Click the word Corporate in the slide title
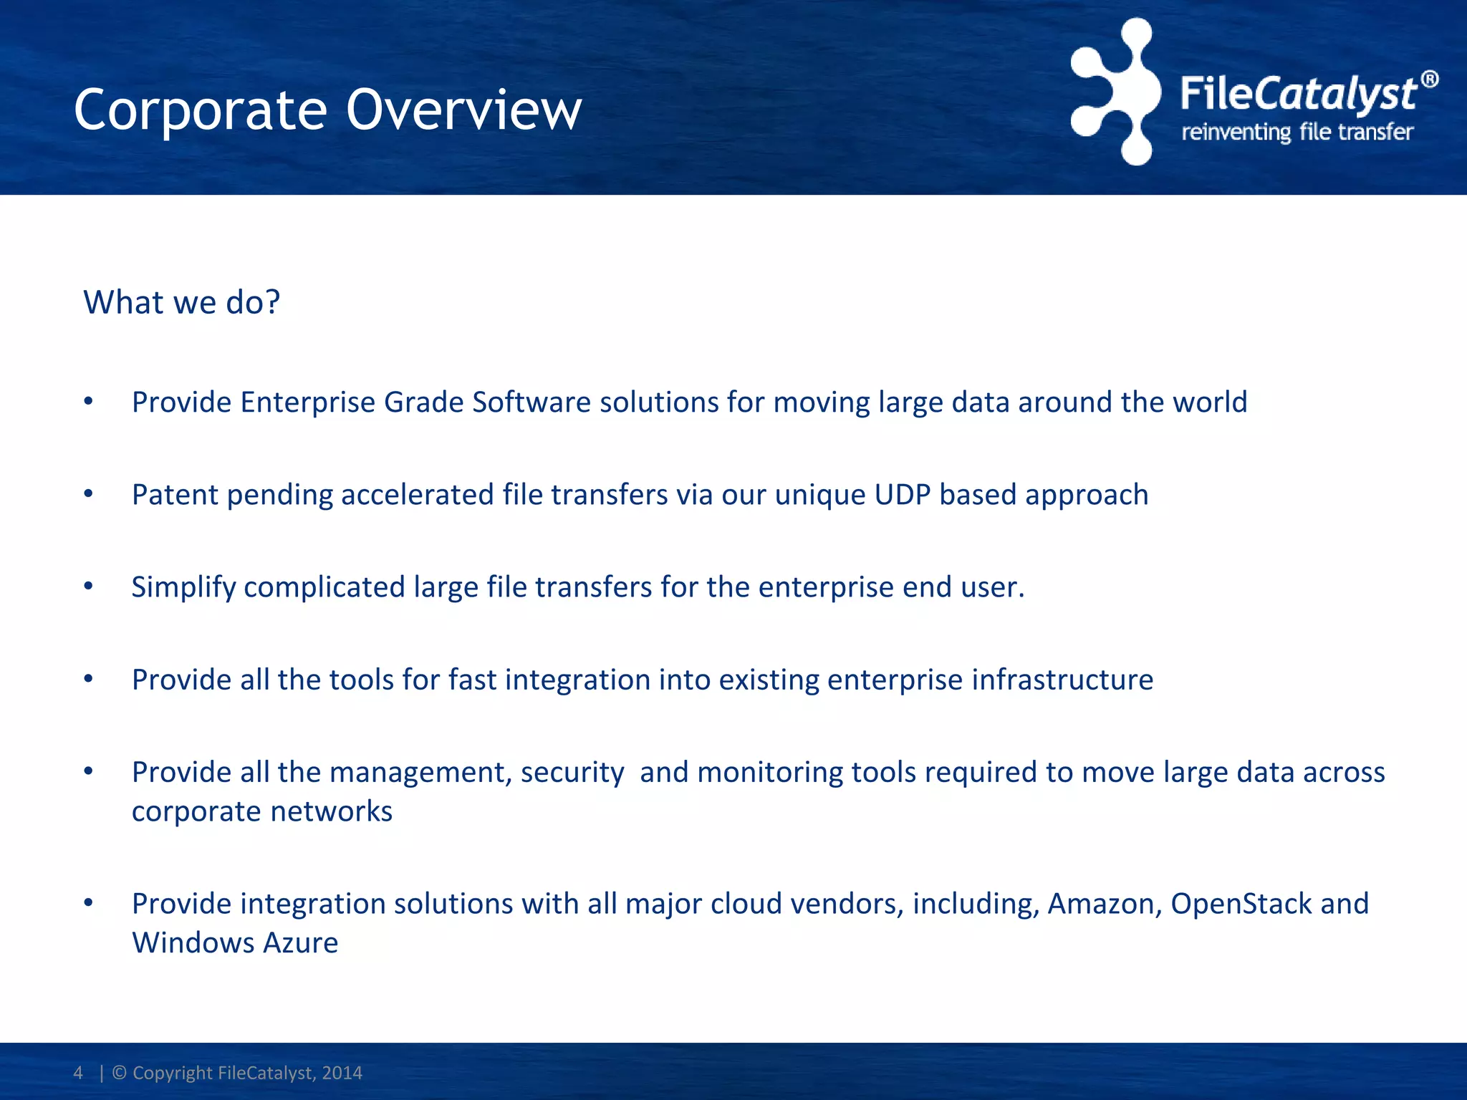(201, 112)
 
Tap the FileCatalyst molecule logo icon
(1116, 92)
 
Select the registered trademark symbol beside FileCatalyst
(1429, 79)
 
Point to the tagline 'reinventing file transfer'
(1297, 132)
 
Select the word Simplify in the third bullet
(183, 588)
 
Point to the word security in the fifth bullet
(572, 773)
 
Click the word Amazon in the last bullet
(1104, 904)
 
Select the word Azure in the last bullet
(300, 943)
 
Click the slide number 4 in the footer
(78, 1073)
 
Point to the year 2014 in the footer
(342, 1073)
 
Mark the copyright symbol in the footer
(120, 1073)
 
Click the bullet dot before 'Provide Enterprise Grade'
(88, 401)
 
